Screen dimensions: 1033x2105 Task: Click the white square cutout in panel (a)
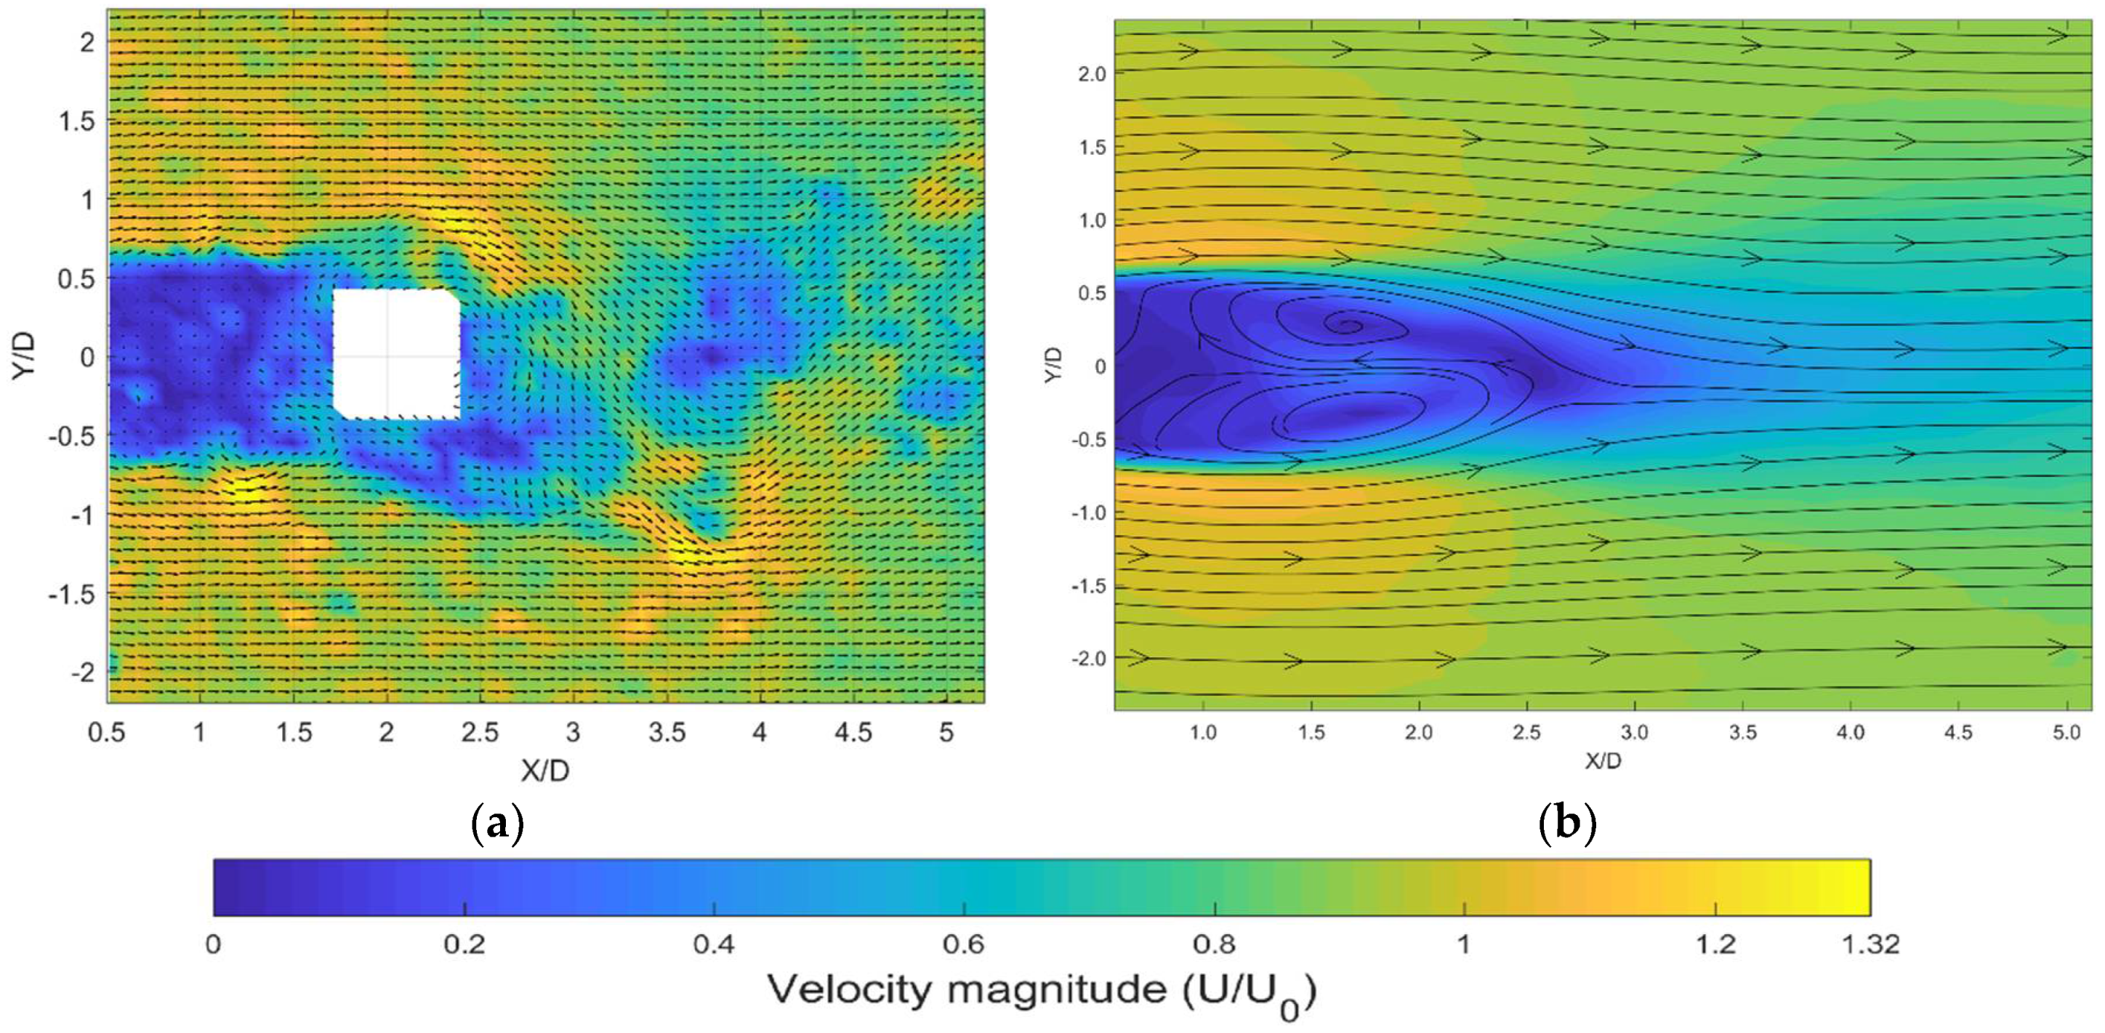click(396, 354)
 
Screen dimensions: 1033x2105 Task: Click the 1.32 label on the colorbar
click(1869, 945)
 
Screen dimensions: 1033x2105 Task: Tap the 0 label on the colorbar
click(213, 945)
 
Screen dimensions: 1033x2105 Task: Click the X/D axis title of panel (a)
click(545, 769)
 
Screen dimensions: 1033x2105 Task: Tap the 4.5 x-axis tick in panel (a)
click(853, 732)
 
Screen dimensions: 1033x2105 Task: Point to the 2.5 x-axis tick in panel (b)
click(1526, 733)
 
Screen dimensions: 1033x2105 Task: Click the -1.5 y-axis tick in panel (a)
click(72, 593)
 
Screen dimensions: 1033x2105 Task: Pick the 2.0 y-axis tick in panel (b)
click(1090, 74)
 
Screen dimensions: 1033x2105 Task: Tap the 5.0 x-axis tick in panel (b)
click(2066, 733)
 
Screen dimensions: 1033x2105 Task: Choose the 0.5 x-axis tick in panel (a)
click(106, 732)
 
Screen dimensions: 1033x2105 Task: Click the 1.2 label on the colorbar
click(1715, 945)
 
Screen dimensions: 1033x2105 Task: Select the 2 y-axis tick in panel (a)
click(86, 41)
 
